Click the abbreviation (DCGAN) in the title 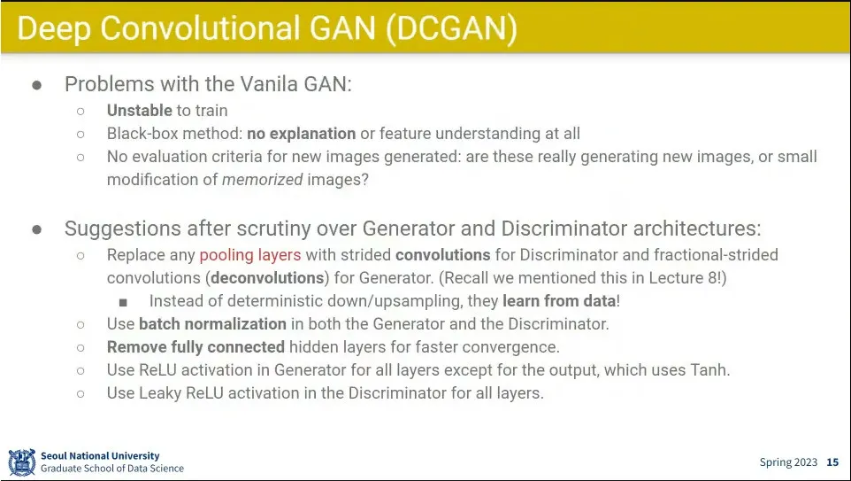tap(451, 27)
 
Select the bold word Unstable tap(140, 111)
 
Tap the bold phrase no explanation tap(302, 134)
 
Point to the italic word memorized tap(262, 179)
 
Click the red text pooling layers tap(250, 255)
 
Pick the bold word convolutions tap(443, 255)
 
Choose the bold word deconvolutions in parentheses tap(267, 278)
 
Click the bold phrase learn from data tap(559, 301)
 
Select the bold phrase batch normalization tap(212, 324)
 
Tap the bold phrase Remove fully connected tap(195, 346)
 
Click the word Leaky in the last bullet tap(160, 393)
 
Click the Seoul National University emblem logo tap(22, 462)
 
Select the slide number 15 tap(832, 462)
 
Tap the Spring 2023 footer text tap(788, 462)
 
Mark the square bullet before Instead tap(123, 302)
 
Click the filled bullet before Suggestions tap(37, 229)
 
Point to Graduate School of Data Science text tap(112, 469)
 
